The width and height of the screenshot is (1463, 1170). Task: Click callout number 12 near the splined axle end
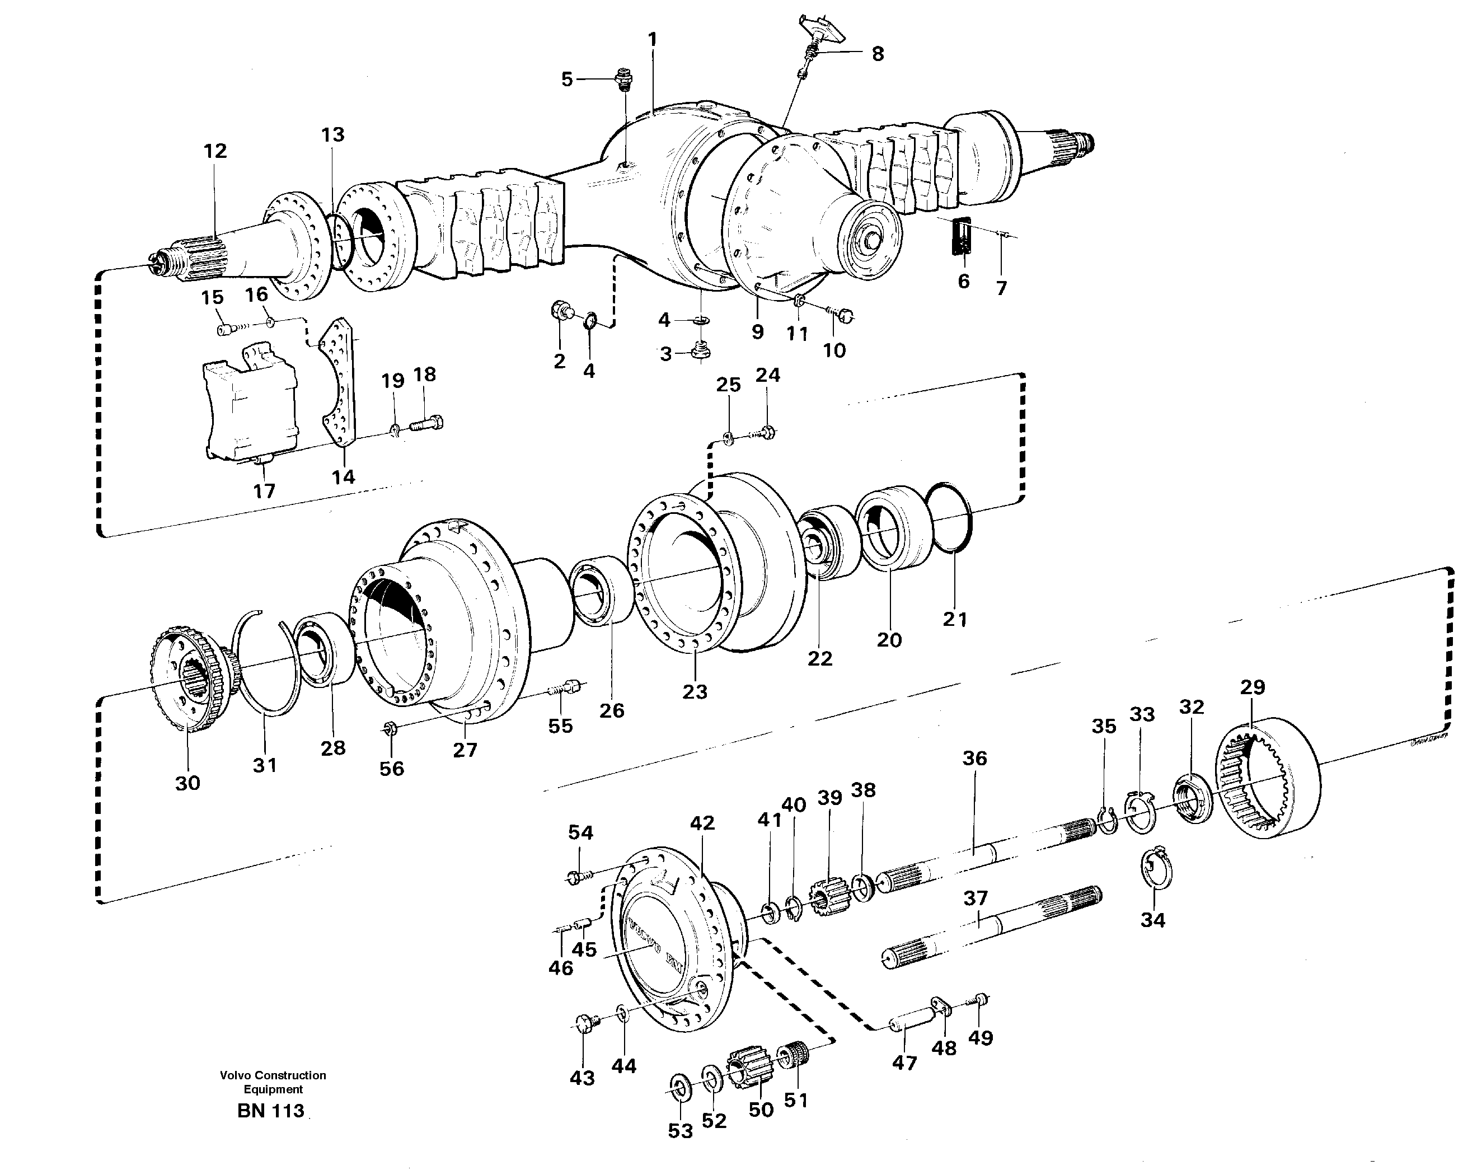coord(215,151)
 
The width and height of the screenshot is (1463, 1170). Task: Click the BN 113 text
coord(271,1112)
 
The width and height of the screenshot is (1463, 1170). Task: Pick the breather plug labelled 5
coord(622,81)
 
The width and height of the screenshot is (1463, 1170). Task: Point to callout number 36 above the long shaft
coord(974,758)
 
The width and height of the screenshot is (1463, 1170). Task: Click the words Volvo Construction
coord(273,1075)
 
